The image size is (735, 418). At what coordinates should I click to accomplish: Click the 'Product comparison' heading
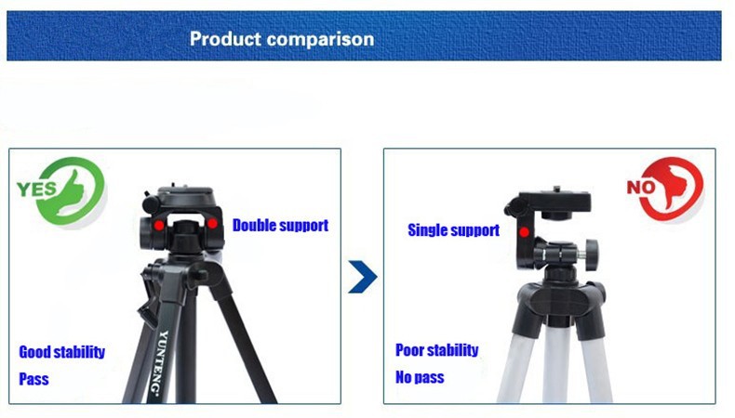(x=282, y=39)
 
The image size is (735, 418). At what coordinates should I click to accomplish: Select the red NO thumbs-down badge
(x=665, y=189)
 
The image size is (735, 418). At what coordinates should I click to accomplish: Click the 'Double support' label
(x=280, y=226)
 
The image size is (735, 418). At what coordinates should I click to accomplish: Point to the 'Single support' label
(x=454, y=230)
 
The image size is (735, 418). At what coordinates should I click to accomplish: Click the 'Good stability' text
(x=62, y=352)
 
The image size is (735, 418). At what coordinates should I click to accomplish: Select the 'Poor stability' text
(x=437, y=350)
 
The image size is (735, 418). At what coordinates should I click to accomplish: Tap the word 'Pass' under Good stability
(x=33, y=379)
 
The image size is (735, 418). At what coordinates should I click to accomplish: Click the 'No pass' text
(x=420, y=377)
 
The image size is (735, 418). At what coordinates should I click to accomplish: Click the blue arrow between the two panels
(x=363, y=277)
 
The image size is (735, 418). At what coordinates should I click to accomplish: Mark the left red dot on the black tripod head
(x=159, y=226)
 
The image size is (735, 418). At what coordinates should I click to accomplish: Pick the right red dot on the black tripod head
(x=212, y=224)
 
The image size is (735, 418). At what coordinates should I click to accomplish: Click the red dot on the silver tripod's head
(x=524, y=231)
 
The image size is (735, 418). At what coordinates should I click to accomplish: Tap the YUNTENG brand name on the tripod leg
(x=160, y=363)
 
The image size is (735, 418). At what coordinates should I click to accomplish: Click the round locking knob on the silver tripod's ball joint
(x=591, y=255)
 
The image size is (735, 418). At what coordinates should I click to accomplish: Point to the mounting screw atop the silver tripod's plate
(x=557, y=189)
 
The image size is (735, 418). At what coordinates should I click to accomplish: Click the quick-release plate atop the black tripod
(x=186, y=192)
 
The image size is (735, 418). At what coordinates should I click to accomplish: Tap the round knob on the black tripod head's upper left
(x=151, y=203)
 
